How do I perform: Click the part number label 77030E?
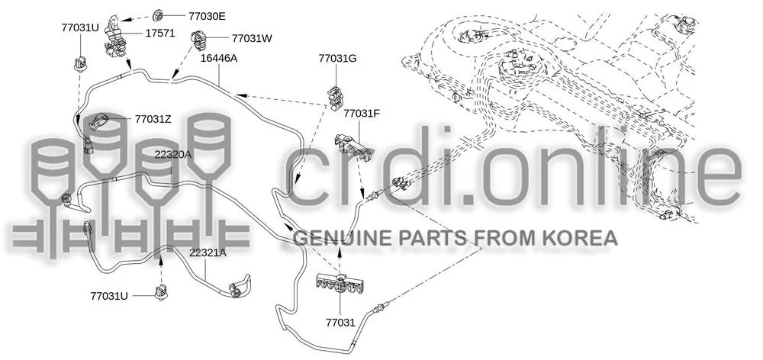(207, 15)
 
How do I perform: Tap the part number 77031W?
(252, 37)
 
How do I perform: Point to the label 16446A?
(219, 59)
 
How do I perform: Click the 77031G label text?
(338, 59)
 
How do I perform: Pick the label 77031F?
(362, 114)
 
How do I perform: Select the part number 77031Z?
(153, 118)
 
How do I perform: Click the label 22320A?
(173, 155)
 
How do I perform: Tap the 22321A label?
(208, 252)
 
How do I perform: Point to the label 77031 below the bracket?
(340, 322)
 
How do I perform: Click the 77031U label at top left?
(80, 27)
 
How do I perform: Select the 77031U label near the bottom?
(109, 295)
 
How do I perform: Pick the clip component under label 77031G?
(336, 98)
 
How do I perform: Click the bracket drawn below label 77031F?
(353, 148)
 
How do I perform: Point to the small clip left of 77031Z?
(99, 121)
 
